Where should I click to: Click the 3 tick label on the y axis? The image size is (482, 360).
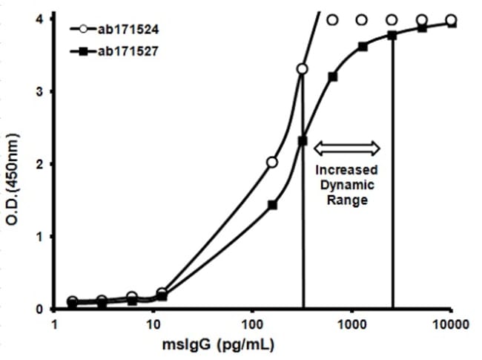[38, 91]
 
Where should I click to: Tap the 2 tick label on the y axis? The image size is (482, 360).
[38, 164]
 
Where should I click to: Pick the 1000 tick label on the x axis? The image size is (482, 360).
[351, 324]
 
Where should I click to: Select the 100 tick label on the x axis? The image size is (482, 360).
[252, 324]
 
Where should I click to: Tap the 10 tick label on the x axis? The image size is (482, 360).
[153, 324]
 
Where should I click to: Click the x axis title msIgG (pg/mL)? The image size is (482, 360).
[252, 344]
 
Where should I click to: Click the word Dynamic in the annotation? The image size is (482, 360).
[348, 186]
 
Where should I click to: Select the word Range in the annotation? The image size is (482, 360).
[348, 200]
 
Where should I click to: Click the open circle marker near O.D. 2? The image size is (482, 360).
[272, 162]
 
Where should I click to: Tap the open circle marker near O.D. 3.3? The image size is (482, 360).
[302, 69]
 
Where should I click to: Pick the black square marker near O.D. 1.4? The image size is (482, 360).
[272, 205]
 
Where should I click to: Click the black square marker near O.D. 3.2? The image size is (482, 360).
[332, 76]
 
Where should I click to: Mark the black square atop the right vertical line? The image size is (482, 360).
[392, 35]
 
